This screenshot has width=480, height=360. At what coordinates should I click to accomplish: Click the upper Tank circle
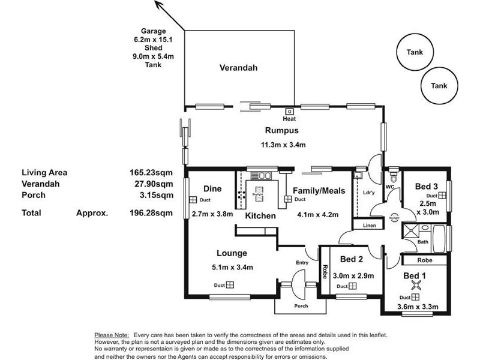414,52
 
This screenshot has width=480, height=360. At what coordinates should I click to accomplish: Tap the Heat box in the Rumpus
289,112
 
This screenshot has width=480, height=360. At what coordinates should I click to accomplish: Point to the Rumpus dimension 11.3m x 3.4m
283,145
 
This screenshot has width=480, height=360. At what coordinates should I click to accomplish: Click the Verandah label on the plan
238,68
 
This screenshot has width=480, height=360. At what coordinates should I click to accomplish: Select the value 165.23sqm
151,172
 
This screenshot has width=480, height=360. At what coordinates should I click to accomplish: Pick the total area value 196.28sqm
151,212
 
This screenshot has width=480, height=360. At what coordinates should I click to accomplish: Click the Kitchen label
260,215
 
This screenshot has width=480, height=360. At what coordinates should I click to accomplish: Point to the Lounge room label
232,253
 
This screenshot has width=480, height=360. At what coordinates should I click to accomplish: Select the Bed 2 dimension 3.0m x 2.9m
358,276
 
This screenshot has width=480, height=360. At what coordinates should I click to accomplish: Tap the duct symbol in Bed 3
442,196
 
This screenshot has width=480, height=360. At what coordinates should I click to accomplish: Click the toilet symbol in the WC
393,178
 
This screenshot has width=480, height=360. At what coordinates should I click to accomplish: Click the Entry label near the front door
302,262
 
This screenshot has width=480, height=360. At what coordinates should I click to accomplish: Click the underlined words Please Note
112,334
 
